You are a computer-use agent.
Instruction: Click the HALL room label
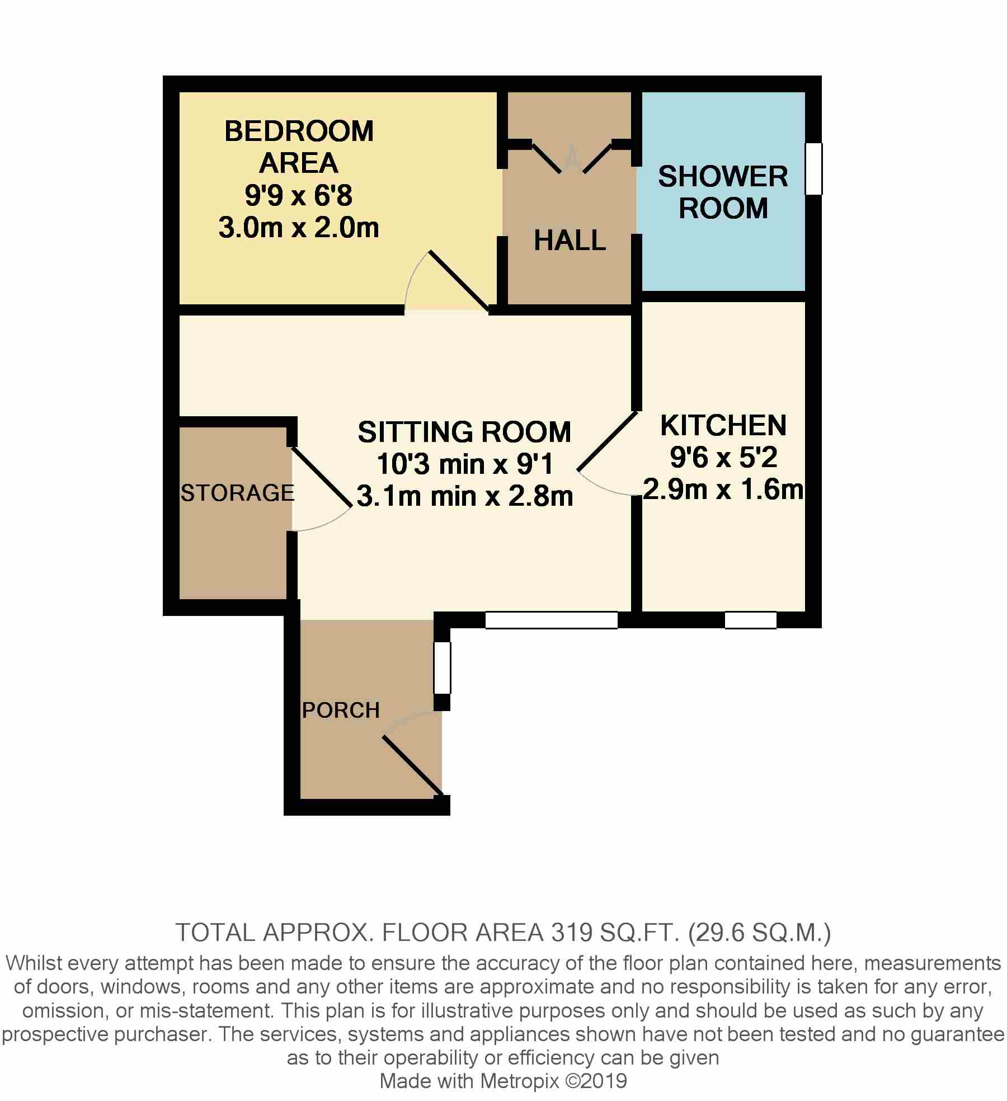click(570, 241)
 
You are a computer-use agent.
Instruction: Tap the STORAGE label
click(238, 493)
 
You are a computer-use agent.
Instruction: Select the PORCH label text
click(341, 711)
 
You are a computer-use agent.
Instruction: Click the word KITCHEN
click(723, 425)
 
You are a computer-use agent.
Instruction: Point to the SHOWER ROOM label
click(723, 192)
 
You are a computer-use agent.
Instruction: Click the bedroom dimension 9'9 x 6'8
click(299, 196)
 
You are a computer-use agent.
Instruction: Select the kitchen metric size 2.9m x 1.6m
click(723, 490)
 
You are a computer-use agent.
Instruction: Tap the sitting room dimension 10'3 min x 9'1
click(464, 464)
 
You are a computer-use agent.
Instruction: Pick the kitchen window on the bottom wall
click(751, 620)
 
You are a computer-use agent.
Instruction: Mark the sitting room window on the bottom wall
click(552, 620)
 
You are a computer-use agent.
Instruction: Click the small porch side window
click(443, 668)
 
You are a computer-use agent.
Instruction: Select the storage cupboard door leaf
click(321, 477)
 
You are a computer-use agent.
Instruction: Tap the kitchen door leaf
click(608, 441)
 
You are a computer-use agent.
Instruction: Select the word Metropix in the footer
click(520, 1080)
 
